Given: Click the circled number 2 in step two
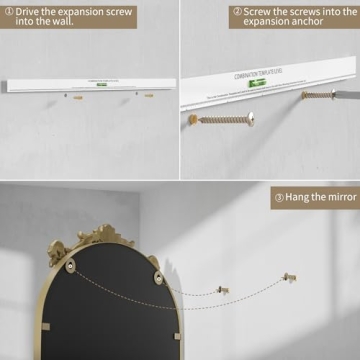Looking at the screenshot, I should point(236,12).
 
